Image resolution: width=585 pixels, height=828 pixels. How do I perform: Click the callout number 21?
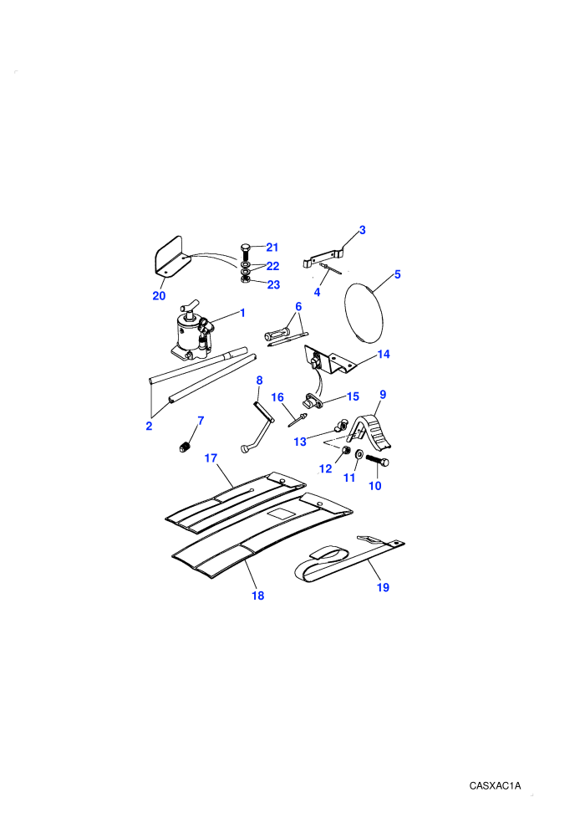[272, 247]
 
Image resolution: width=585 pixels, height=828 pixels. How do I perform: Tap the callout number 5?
[398, 274]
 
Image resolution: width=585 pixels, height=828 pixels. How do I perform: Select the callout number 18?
[258, 595]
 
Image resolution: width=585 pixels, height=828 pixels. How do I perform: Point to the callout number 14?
[384, 355]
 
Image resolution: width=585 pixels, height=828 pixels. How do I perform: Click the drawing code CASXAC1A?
[495, 785]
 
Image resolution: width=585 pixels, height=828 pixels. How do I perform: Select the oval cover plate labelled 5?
[364, 313]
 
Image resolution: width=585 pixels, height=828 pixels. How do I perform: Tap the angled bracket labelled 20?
[171, 258]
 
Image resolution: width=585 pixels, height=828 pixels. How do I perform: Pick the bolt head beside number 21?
[245, 248]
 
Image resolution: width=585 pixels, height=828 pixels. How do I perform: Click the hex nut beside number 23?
[245, 279]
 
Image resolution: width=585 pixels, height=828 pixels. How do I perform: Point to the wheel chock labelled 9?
[373, 431]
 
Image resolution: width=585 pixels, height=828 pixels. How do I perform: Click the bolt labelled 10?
[377, 461]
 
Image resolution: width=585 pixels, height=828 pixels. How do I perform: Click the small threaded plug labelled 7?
[185, 447]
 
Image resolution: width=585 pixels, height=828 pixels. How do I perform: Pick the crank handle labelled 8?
[257, 427]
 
